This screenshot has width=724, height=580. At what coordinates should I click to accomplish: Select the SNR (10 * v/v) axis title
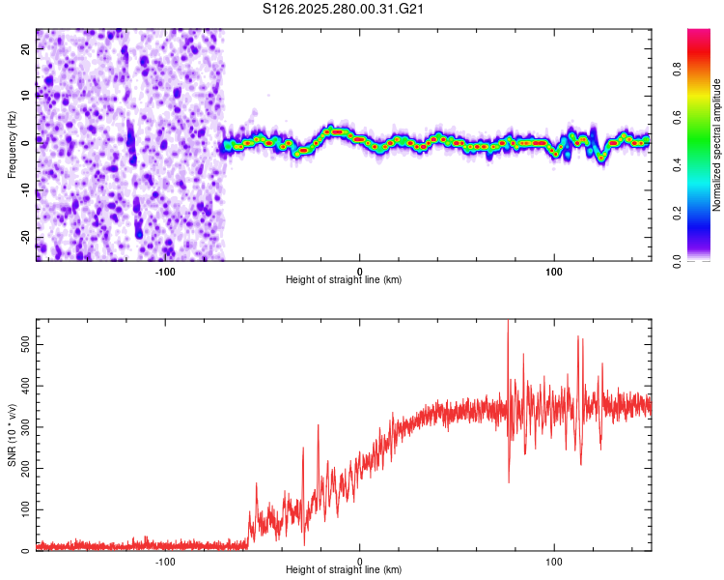[13, 435]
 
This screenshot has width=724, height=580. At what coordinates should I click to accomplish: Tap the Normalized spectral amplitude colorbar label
[717, 145]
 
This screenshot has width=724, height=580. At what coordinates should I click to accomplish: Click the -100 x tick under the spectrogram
[165, 270]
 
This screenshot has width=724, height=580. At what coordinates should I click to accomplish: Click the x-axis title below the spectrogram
[344, 279]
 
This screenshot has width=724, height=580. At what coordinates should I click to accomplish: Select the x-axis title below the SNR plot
[344, 570]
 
